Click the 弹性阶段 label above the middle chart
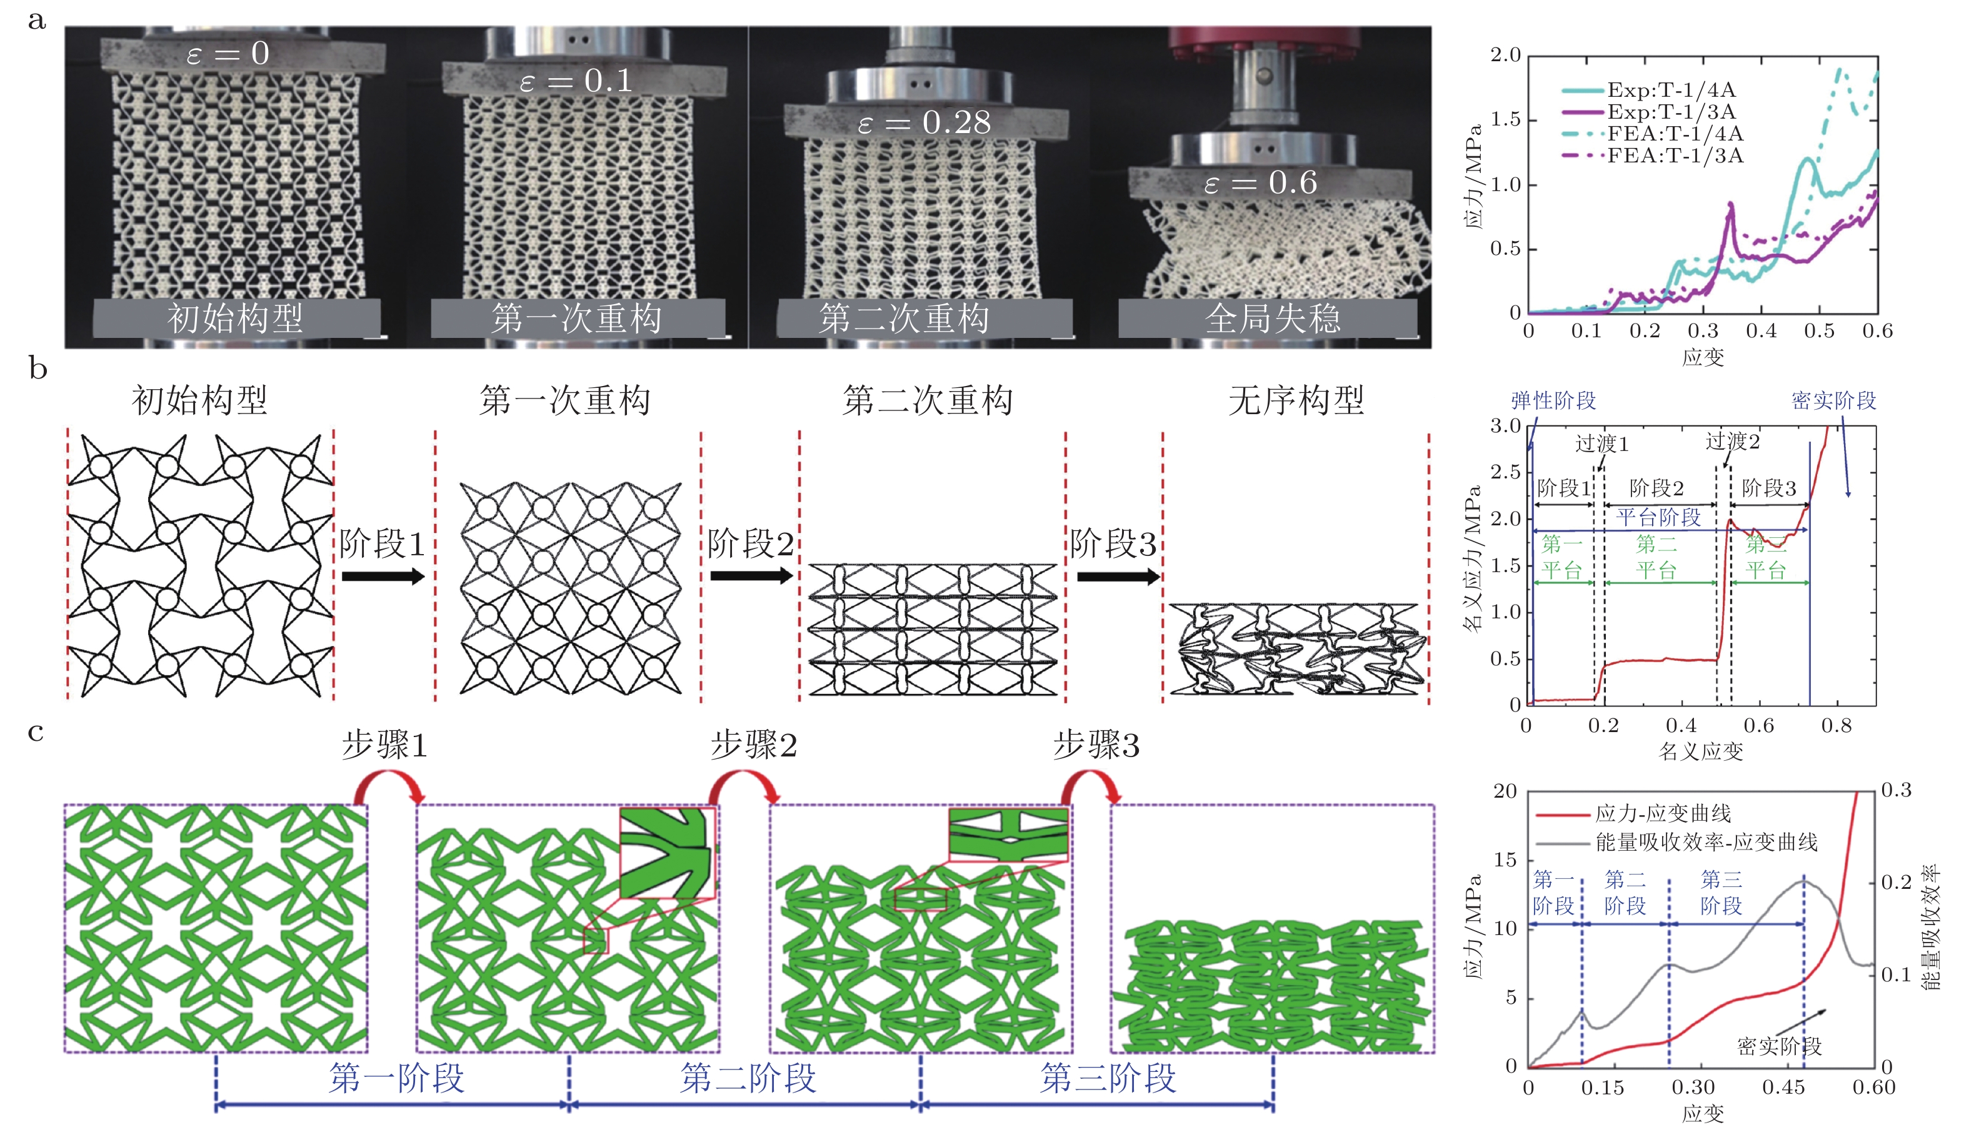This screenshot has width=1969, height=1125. click(x=1553, y=400)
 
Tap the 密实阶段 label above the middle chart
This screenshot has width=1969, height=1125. click(x=1834, y=400)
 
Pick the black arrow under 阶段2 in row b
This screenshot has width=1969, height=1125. click(x=751, y=576)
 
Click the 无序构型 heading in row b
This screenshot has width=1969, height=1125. click(x=1296, y=400)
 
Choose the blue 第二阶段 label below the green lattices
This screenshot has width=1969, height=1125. click(x=748, y=1079)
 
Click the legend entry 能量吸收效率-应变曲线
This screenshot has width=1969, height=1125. click(x=1706, y=841)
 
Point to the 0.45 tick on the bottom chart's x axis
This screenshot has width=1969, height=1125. click(x=1783, y=1088)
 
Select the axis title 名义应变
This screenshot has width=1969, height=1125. click(x=1701, y=751)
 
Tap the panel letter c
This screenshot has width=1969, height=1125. click(x=36, y=731)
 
